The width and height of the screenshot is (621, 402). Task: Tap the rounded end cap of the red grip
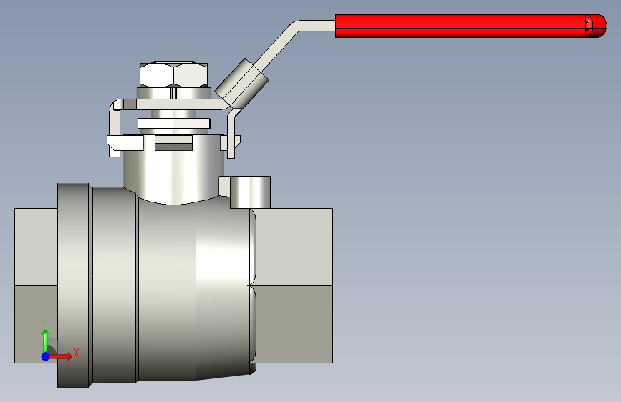[596, 26]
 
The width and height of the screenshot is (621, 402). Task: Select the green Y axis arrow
[46, 340]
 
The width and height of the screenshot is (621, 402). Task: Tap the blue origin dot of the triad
[46, 356]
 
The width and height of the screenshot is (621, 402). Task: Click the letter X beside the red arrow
[77, 353]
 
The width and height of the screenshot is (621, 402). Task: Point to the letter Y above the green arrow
[45, 322]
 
